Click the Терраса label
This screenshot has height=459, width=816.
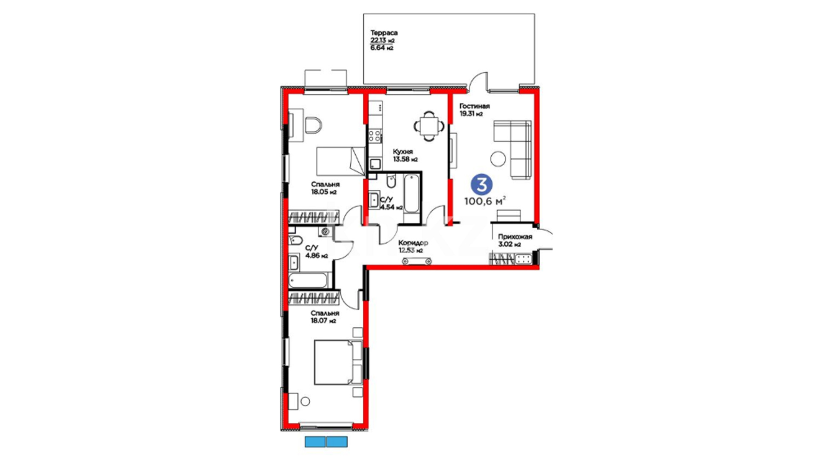click(384, 33)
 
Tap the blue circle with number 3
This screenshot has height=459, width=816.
click(482, 184)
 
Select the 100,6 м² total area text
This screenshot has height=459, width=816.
click(485, 201)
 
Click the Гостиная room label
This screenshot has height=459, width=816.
click(474, 106)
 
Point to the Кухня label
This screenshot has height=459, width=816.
click(402, 152)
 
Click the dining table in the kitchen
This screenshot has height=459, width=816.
click(429, 126)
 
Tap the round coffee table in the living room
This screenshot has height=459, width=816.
click(498, 159)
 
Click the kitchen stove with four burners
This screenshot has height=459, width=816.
click(374, 136)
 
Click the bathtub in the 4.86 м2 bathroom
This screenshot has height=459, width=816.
click(308, 280)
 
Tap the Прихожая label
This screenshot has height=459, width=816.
click(515, 237)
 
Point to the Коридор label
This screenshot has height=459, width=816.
click(413, 243)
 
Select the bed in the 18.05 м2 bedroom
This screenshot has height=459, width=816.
click(340, 161)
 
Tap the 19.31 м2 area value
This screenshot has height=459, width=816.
click(471, 114)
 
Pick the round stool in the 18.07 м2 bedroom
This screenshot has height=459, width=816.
click(305, 401)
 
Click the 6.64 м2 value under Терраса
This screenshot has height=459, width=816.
click(382, 48)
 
